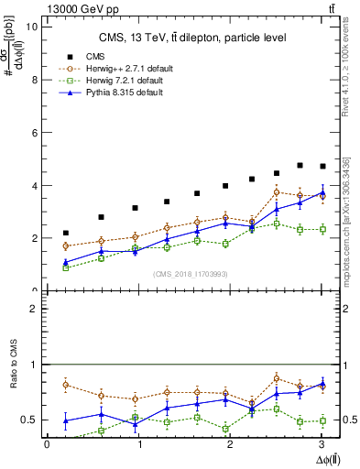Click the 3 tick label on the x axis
point(324,443)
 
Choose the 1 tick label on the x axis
point(139,443)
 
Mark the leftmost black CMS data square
point(65,233)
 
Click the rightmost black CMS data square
point(322,166)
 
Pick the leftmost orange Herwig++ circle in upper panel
point(65,245)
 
